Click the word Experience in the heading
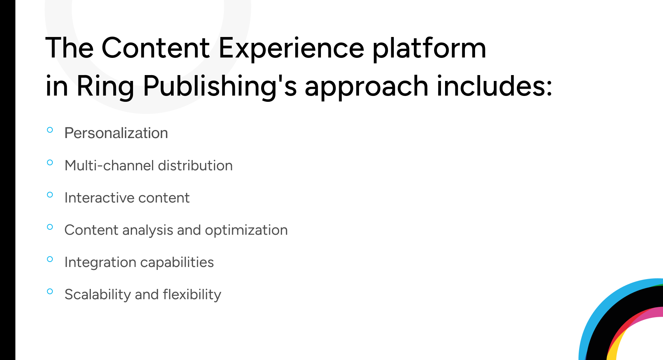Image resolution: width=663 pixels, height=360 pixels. [291, 48]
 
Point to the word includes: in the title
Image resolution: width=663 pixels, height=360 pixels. [494, 86]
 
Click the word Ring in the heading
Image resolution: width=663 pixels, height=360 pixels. [105, 86]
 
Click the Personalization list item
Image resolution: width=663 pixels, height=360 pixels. [116, 133]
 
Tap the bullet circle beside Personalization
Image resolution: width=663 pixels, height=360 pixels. [50, 130]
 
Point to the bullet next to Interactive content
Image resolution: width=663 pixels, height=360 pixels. [50, 194]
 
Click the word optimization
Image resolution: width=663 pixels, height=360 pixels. [246, 230]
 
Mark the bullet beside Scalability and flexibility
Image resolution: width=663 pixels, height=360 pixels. [50, 292]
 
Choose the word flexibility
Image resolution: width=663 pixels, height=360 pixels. [192, 295]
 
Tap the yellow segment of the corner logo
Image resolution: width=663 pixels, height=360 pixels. [612, 350]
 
